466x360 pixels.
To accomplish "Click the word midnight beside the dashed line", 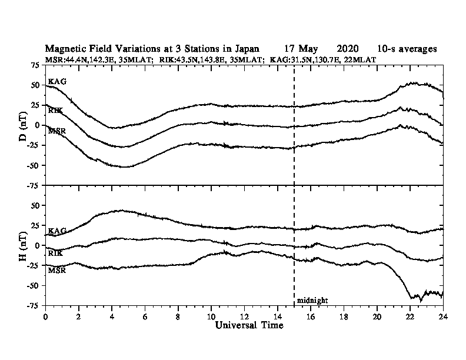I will pos(312,301).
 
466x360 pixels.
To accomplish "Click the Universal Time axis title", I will pos(245,325).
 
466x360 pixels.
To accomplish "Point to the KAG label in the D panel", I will pos(57,81).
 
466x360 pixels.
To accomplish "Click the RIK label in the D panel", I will pos(55,109).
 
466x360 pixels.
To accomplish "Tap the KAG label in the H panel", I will pos(57,231).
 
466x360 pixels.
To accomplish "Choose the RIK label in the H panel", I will pos(55,252).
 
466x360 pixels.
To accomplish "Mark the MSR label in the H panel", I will pos(56,271).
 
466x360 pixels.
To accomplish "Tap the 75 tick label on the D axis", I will pos(35,65).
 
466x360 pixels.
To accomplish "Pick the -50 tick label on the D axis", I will pos(34,165).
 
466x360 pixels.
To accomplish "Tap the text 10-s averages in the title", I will pos(407,49).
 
